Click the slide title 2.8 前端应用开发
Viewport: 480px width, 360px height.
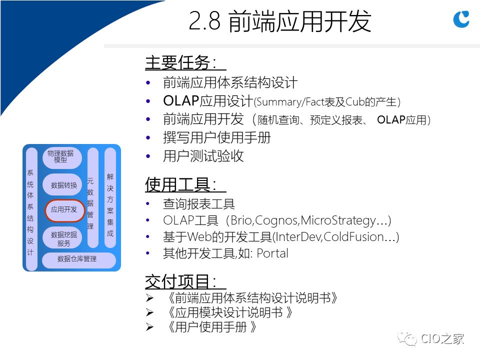click(280, 21)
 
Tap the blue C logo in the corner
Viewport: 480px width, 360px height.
click(461, 19)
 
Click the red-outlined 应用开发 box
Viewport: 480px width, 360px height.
click(64, 210)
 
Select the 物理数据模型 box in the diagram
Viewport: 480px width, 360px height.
click(62, 157)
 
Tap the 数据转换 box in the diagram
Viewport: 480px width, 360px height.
click(62, 185)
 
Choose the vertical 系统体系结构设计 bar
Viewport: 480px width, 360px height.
click(31, 209)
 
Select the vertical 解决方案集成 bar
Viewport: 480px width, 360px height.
click(110, 198)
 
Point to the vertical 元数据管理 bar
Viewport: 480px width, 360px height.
click(92, 198)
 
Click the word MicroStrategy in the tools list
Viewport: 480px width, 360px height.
click(338, 220)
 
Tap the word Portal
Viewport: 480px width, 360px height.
click(272, 253)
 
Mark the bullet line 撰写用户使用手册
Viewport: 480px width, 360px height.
click(216, 137)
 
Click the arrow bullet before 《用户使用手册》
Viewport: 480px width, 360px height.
click(149, 327)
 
